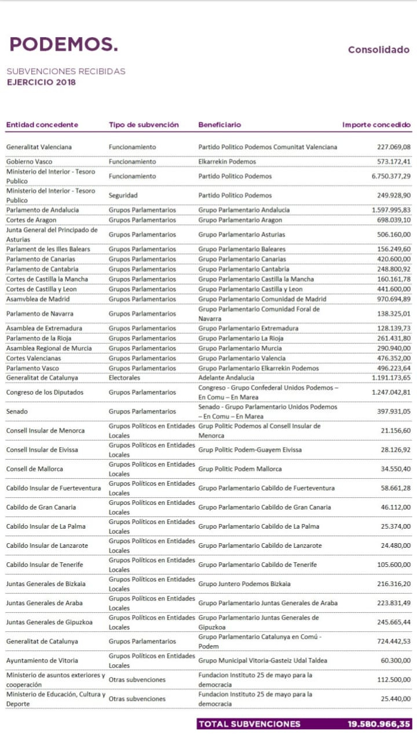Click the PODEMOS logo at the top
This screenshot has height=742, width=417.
coord(64,44)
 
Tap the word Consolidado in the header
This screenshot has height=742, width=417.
coord(378,50)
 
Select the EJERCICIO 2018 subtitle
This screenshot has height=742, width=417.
coord(41,82)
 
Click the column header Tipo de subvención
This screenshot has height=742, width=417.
coord(144,125)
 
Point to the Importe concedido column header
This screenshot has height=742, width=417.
coord(376,125)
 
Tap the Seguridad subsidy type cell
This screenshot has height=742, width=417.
coord(123,195)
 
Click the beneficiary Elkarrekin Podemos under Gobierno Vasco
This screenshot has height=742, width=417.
coord(227,162)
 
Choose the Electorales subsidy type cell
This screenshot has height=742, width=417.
coord(125,378)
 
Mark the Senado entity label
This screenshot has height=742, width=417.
coord(17,412)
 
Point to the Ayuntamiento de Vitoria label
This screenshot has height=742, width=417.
coord(42,661)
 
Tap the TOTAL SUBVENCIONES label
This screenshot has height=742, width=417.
coord(250,724)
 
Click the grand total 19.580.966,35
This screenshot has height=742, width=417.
coord(379,724)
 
